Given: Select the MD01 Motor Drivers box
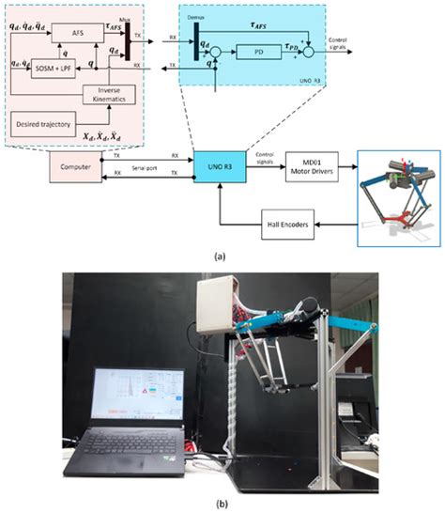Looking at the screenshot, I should coord(311,166).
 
